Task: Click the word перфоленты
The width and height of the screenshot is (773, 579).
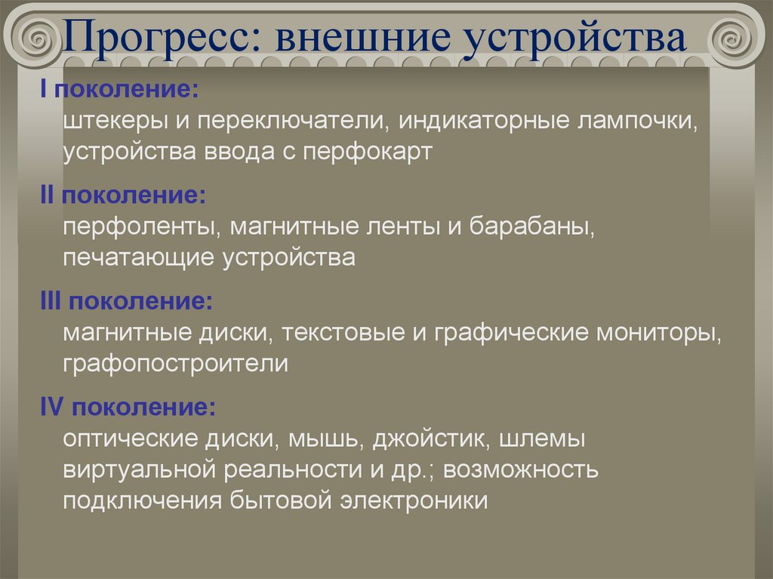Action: tap(142, 227)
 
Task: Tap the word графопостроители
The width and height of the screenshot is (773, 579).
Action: tap(176, 364)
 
